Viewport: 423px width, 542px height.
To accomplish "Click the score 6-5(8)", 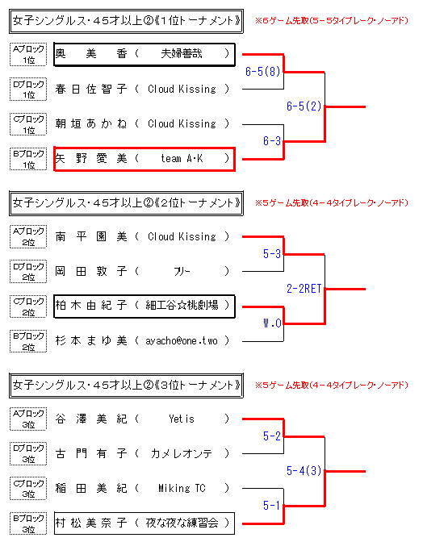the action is click(x=262, y=72).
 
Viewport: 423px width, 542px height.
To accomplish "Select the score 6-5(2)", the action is click(x=304, y=106).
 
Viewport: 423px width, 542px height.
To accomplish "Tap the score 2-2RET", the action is click(x=304, y=288).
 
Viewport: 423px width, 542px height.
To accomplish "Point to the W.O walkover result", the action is click(x=272, y=323).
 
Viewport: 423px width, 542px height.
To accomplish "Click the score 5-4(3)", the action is click(x=304, y=470).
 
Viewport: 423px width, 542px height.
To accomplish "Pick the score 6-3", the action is click(x=272, y=140).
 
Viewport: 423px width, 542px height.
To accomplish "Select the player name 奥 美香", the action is click(x=91, y=53).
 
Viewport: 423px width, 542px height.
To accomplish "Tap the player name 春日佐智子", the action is click(x=91, y=89).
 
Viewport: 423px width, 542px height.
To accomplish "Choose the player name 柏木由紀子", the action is click(x=91, y=305).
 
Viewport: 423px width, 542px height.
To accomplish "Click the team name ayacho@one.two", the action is click(x=182, y=341).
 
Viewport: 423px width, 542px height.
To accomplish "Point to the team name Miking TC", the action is click(x=182, y=488).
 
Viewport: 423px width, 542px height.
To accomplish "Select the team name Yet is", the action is click(x=182, y=419).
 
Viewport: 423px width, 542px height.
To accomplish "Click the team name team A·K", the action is click(x=182, y=158).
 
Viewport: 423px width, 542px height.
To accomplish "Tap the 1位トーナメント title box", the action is click(x=126, y=21).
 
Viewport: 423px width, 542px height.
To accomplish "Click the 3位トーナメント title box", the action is click(x=126, y=386).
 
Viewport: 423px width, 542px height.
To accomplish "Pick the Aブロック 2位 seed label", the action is click(x=28, y=237).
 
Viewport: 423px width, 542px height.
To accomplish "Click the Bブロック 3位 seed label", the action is click(x=28, y=523).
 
